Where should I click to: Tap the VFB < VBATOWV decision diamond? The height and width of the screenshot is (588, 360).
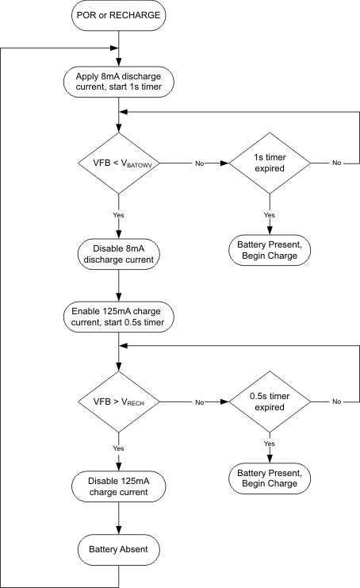(118, 163)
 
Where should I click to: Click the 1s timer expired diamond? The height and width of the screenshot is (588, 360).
(269, 163)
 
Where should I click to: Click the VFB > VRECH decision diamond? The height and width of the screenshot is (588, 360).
(118, 402)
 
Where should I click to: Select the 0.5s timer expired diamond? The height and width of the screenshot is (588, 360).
(269, 402)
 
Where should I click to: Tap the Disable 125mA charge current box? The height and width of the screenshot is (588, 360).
(118, 486)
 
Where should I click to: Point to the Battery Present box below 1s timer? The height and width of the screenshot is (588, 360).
(269, 250)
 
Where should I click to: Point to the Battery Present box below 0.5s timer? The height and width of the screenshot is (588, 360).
(269, 478)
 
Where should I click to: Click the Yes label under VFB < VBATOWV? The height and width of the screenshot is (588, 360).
(118, 215)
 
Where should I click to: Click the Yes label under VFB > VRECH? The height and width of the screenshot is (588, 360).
(118, 449)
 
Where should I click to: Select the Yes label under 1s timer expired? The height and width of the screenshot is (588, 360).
(269, 215)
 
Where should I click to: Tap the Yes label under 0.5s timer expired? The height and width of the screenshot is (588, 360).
(269, 444)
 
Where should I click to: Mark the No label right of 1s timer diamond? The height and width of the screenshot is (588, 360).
(337, 163)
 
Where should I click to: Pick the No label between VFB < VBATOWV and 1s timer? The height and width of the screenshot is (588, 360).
(200, 163)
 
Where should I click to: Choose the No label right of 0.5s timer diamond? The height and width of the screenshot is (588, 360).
(337, 402)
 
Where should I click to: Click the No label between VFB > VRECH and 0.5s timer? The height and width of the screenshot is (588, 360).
(200, 402)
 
